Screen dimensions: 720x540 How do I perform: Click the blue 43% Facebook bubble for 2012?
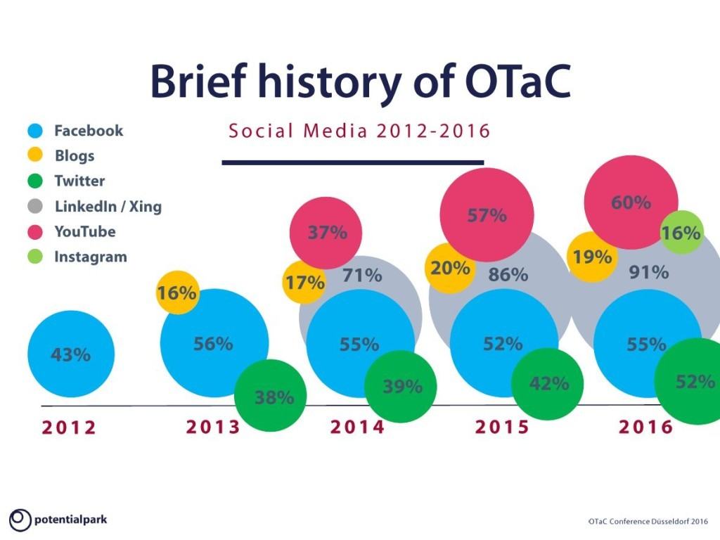coord(71,354)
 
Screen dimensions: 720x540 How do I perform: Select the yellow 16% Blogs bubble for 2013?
coord(177,292)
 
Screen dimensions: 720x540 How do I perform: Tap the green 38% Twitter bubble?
coord(271,396)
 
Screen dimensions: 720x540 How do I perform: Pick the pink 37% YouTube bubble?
coord(326,233)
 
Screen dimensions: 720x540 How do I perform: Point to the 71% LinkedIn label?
coord(362,276)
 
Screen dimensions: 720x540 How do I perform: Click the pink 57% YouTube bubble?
coord(487,214)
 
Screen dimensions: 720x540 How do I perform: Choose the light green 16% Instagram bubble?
coord(682,232)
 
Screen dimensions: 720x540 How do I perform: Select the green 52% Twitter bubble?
coord(689,382)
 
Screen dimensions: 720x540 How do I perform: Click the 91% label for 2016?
coord(649,273)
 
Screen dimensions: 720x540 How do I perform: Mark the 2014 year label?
coord(357,427)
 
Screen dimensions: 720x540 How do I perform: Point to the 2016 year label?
coord(645,427)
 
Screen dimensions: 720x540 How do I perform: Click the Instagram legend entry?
coord(77,257)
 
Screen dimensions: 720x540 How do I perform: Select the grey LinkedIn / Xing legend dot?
coord(35,206)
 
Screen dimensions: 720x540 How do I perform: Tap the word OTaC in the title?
coord(517,82)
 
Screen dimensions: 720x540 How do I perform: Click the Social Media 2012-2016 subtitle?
coord(359,131)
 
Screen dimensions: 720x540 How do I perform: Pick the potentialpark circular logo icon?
coord(20,520)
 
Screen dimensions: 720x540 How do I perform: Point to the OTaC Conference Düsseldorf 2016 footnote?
coord(648,521)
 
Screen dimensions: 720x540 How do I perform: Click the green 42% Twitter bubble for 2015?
coord(547,384)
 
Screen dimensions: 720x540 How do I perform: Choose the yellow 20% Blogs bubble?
coord(450,268)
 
